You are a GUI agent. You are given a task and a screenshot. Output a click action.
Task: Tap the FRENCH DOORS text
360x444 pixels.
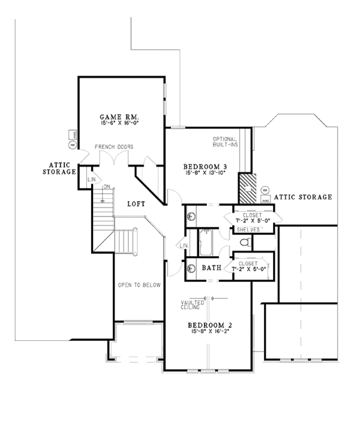point(113,147)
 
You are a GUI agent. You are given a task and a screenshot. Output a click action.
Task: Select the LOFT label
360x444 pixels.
point(136,204)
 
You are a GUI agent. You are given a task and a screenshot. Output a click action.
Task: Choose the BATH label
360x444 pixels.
point(211,268)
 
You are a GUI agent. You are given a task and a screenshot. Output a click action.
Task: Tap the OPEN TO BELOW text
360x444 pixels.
point(139,285)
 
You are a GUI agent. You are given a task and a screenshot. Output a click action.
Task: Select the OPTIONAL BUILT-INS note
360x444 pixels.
point(226,142)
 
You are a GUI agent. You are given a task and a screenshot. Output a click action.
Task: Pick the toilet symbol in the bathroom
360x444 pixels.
point(244,243)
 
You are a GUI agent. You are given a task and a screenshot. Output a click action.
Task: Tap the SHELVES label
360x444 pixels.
point(248,229)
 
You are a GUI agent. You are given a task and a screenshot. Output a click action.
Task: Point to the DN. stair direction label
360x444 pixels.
point(106,187)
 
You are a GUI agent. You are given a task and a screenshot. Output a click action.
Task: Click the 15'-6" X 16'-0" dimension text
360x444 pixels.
point(121,123)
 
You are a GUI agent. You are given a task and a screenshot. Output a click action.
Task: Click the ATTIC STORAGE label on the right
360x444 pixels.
point(303,197)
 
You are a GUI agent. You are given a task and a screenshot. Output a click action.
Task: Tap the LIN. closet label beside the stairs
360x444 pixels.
point(92,179)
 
